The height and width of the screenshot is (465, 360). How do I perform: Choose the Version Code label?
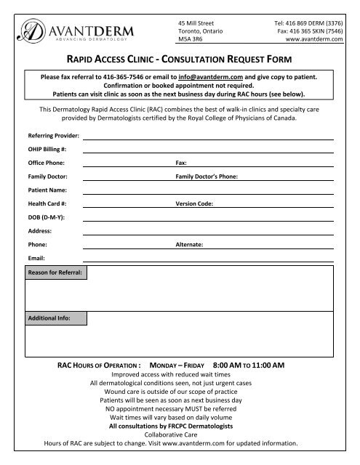point(194,204)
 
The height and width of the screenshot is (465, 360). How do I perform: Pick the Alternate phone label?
point(190,246)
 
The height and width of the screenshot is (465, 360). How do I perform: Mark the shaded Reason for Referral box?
point(55,274)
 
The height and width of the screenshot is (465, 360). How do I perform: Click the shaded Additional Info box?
point(55,318)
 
